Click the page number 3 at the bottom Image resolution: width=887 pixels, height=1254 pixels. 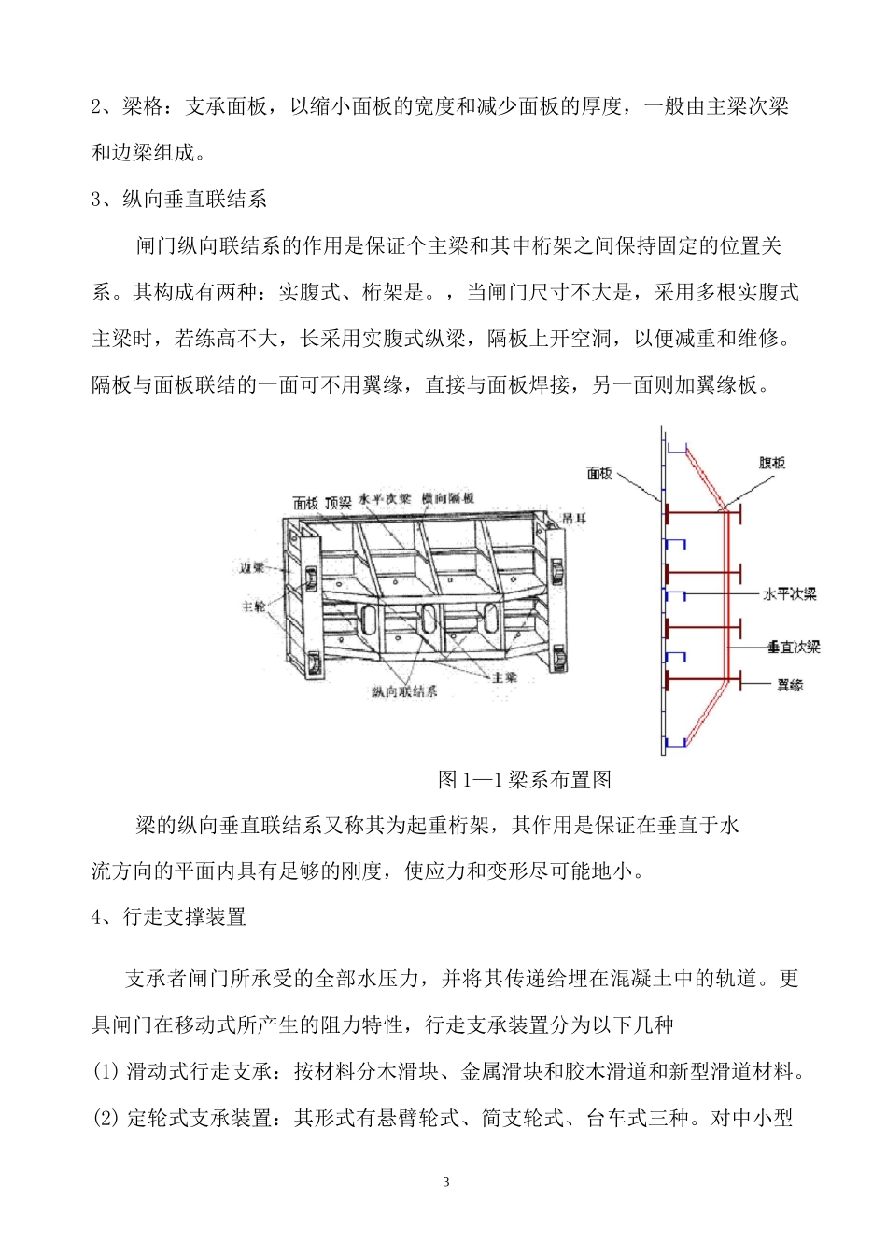445,1182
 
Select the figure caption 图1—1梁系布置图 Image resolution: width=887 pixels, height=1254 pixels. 525,780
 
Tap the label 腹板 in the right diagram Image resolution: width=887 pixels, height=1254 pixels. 771,463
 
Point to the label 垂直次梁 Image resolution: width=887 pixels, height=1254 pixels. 794,647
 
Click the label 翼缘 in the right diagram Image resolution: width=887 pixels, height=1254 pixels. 790,686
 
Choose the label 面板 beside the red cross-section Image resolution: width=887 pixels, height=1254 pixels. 599,473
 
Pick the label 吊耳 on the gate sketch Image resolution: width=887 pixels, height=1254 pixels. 573,517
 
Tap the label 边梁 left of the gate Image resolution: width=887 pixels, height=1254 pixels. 253,567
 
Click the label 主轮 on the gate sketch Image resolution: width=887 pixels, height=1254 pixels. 254,606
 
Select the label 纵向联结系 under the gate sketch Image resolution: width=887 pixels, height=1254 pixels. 403,691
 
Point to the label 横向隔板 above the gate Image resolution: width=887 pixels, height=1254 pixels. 447,499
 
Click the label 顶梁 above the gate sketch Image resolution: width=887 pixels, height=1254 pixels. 338,503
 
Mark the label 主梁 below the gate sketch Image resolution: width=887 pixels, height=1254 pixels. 504,677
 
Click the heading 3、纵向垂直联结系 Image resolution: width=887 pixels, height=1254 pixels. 179,199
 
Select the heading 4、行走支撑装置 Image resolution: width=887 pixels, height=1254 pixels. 169,917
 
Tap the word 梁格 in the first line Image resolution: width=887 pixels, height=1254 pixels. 143,107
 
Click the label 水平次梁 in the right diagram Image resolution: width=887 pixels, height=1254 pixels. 790,594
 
